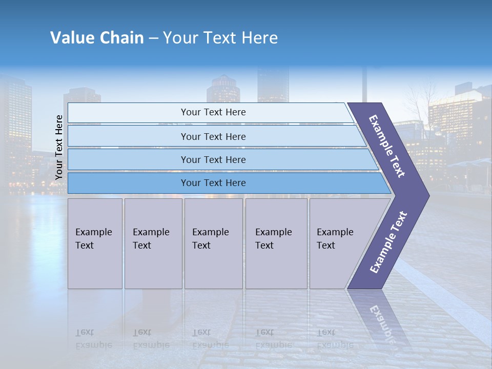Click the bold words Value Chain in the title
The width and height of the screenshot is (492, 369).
(x=97, y=38)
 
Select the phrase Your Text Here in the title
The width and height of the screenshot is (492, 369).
(x=220, y=38)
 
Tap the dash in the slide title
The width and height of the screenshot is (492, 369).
(x=153, y=38)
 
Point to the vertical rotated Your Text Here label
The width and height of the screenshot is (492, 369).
(x=59, y=147)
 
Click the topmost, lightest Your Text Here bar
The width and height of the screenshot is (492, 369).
(x=213, y=112)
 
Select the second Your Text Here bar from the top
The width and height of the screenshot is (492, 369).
(x=213, y=136)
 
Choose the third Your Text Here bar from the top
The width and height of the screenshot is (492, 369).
(x=213, y=159)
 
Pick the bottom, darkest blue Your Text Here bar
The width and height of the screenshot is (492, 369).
(x=213, y=183)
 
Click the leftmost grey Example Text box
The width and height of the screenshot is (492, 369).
(x=95, y=243)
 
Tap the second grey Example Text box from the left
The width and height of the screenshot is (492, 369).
(x=153, y=243)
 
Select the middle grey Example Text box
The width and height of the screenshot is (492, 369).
(x=213, y=243)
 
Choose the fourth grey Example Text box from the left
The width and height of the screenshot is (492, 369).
(x=276, y=243)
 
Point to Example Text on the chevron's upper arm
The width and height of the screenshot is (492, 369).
(x=387, y=146)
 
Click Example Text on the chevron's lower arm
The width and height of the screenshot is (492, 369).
(x=388, y=242)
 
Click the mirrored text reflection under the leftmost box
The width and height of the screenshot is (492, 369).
(x=93, y=338)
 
